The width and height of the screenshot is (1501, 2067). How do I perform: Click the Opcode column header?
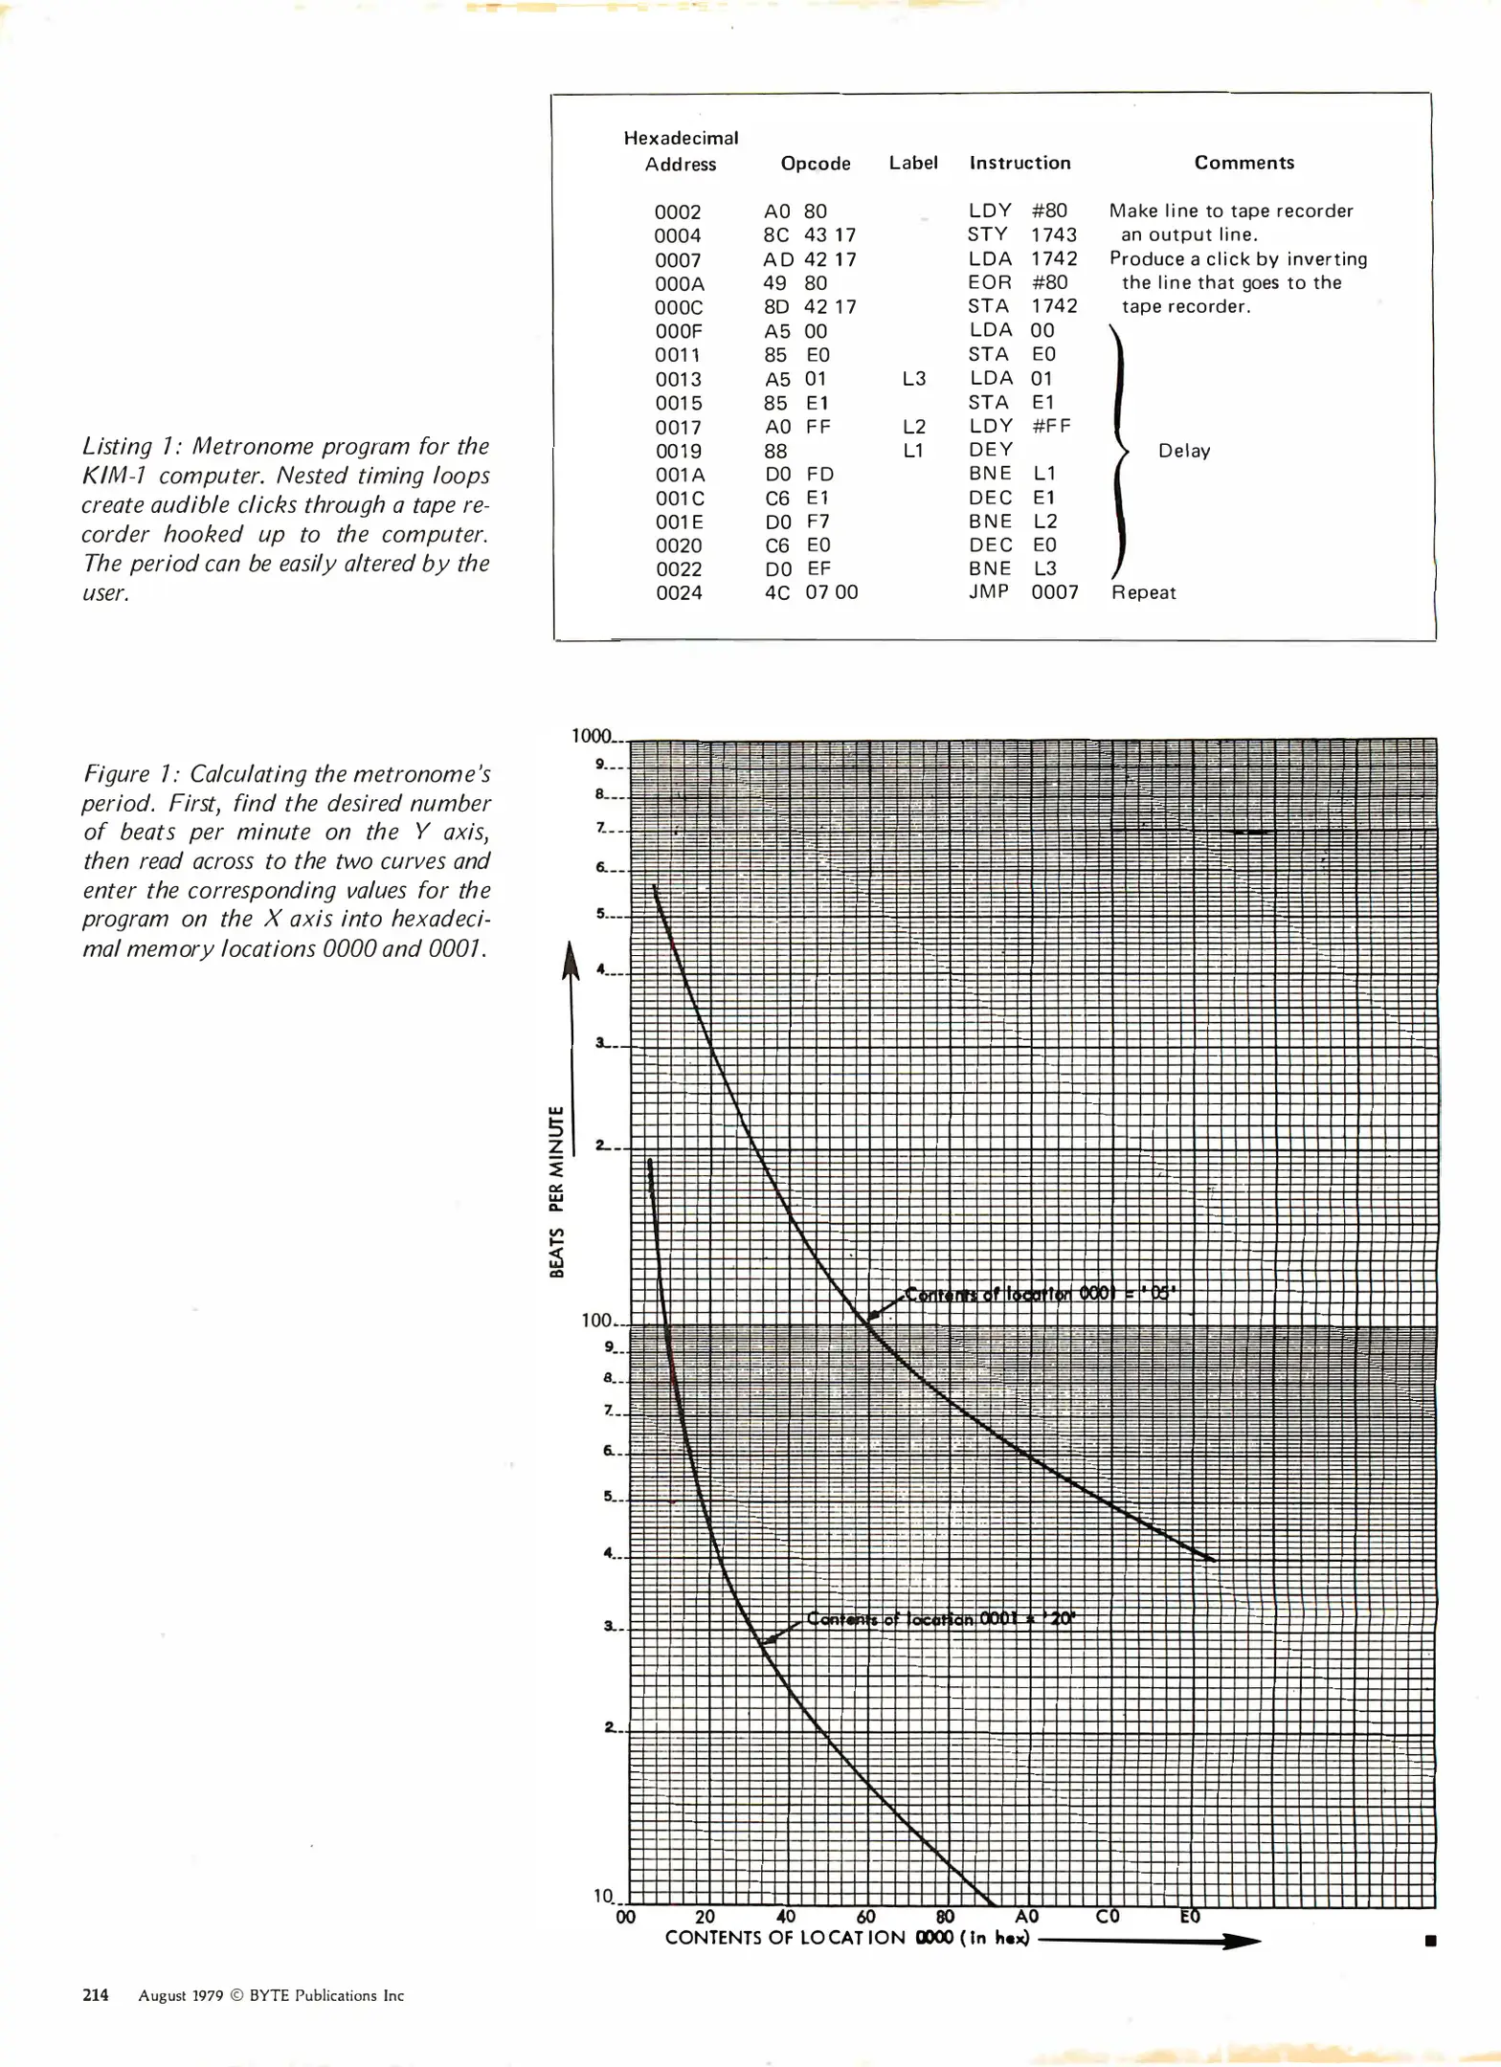[815, 164]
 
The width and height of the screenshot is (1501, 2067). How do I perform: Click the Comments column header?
[1243, 163]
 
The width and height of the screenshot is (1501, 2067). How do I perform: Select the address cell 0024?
[679, 593]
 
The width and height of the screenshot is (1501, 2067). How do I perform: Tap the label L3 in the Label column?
[913, 379]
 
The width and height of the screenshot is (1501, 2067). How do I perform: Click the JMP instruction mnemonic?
[988, 591]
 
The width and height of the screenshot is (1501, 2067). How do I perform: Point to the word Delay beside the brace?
[1183, 451]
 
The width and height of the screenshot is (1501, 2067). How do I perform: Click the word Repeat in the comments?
[1143, 592]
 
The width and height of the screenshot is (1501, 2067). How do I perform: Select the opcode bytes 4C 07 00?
[811, 592]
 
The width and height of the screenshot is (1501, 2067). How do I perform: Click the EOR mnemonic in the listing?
[989, 282]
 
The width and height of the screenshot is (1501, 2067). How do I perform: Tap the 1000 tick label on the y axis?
[591, 736]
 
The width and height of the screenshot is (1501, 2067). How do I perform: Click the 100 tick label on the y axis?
[596, 1321]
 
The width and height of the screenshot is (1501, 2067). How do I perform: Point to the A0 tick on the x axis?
[1026, 1917]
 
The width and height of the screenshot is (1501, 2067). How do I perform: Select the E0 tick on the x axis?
[1189, 1917]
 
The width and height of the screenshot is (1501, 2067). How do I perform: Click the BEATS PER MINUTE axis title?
[556, 1191]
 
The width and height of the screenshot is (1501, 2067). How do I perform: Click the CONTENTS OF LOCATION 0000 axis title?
[846, 1938]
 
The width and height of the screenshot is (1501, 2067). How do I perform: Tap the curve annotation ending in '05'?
[1039, 1294]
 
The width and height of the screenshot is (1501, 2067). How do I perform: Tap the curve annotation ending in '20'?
[940, 1619]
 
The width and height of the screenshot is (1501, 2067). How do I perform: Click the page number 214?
[95, 1995]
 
